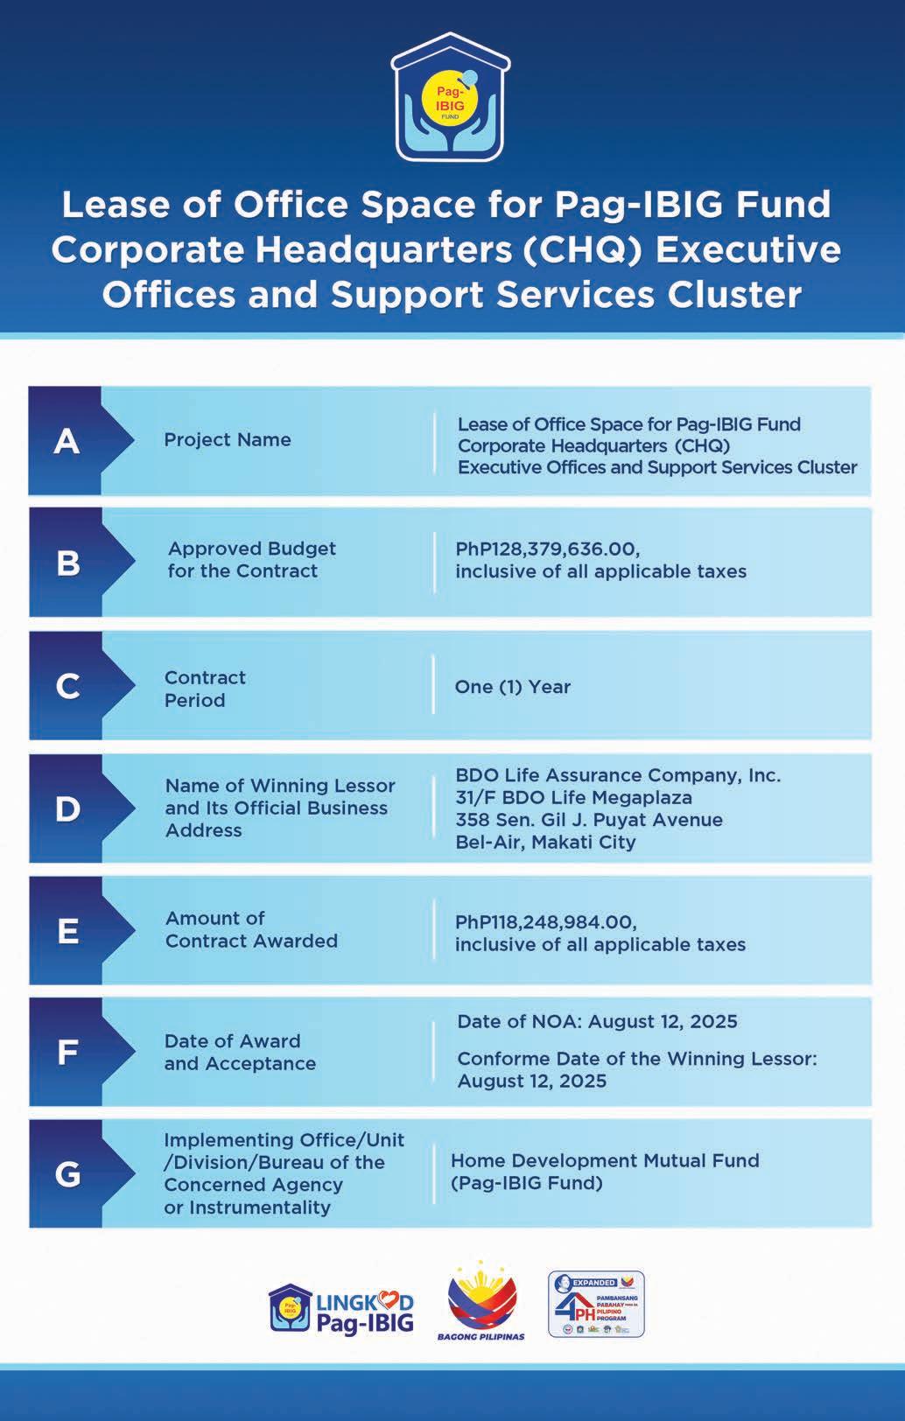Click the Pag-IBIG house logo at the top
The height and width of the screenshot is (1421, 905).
451,99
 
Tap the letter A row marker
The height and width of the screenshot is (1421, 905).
67,441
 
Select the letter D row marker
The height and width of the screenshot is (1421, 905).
67,808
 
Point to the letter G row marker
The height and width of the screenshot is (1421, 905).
67,1173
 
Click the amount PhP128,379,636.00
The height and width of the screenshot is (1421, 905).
547,549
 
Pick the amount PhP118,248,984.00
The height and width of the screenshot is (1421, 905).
545,922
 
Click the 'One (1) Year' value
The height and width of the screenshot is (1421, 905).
512,687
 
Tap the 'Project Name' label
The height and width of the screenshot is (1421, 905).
228,440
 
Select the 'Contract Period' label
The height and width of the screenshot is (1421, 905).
205,689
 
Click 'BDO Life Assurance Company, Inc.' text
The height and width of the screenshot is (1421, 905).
618,775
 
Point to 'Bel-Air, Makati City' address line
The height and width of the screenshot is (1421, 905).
545,842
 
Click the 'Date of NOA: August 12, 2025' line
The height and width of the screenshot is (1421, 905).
597,1021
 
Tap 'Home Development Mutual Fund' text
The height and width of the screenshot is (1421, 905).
605,1160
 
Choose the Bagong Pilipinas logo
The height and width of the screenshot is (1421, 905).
481,1302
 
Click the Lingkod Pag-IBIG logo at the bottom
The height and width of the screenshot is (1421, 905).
341,1308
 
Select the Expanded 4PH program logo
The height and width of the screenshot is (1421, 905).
596,1304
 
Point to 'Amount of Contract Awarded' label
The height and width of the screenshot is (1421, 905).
251,929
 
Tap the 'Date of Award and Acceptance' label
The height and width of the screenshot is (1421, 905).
240,1052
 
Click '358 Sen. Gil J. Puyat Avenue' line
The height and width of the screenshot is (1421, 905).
589,820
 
